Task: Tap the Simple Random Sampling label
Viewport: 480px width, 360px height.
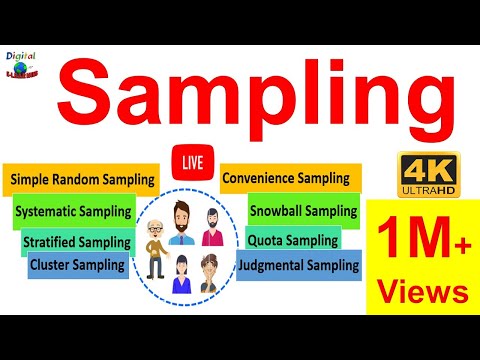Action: click(x=83, y=180)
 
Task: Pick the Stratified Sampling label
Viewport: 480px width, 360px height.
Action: click(x=77, y=242)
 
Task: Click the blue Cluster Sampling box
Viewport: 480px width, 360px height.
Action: click(x=78, y=264)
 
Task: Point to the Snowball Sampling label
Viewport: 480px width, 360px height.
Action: click(x=303, y=211)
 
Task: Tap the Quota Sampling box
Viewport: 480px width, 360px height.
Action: click(x=292, y=240)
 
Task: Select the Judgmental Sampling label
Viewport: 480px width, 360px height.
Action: click(x=298, y=265)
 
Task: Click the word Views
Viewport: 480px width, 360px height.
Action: click(x=422, y=291)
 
